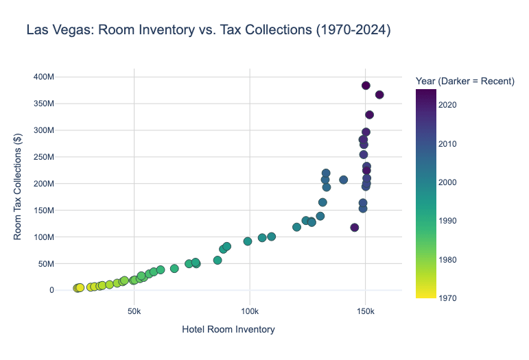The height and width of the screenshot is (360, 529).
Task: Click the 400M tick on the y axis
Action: pyautogui.click(x=43, y=77)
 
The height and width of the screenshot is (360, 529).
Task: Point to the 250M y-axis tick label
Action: pyautogui.click(x=43, y=157)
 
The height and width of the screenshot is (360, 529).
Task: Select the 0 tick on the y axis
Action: pyautogui.click(x=51, y=290)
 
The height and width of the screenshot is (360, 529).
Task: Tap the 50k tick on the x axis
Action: pyautogui.click(x=134, y=311)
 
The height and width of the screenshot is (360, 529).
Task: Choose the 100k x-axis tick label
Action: pyautogui.click(x=249, y=311)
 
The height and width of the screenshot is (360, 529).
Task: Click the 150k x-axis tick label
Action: pyautogui.click(x=365, y=311)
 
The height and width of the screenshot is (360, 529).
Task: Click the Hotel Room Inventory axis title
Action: pyautogui.click(x=228, y=330)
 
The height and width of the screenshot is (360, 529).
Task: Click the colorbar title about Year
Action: pyautogui.click(x=465, y=82)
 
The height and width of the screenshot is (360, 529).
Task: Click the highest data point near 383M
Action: pyautogui.click(x=366, y=86)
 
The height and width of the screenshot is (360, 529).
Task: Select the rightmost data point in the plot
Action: pyautogui.click(x=379, y=95)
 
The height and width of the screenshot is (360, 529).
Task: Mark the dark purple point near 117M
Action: pyautogui.click(x=355, y=228)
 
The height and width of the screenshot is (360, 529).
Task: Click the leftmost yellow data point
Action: pyautogui.click(x=77, y=289)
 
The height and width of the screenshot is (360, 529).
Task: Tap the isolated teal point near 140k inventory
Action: pyautogui.click(x=343, y=180)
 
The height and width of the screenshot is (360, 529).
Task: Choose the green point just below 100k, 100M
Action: pyautogui.click(x=248, y=241)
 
